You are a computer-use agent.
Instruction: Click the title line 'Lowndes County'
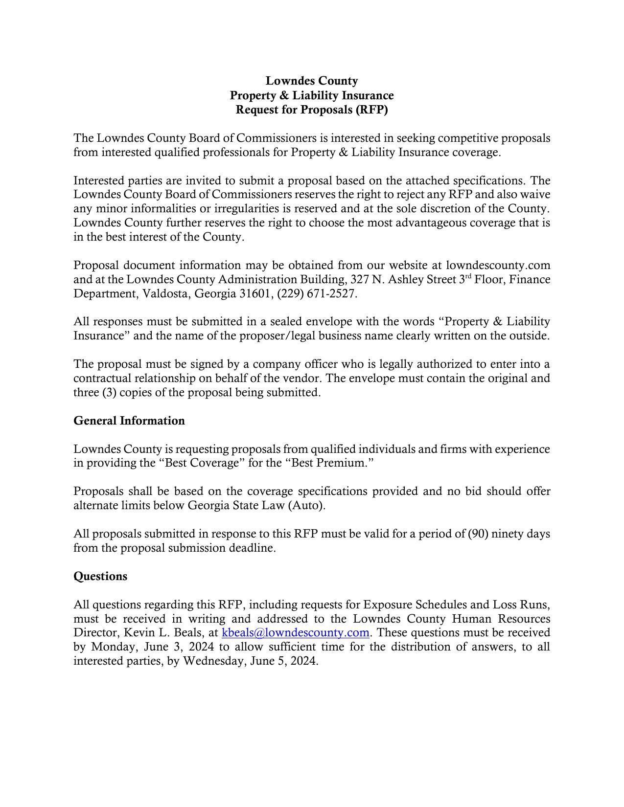coord(311,81)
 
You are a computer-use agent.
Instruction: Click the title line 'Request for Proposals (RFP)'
coord(311,110)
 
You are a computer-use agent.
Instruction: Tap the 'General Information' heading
coord(129,421)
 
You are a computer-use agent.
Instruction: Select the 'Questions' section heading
coord(100,577)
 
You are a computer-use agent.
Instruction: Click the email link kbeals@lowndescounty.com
coord(295,633)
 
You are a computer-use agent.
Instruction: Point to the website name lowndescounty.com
coord(498,266)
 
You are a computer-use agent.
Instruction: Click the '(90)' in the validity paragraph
coord(478,534)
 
